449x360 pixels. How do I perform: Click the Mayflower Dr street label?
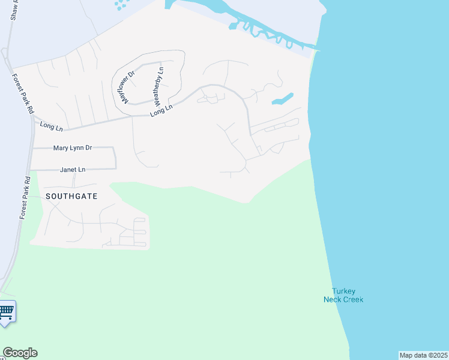[x=127, y=86]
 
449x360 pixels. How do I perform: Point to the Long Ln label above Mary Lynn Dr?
[x=51, y=125]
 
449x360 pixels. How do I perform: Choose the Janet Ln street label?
[x=73, y=170]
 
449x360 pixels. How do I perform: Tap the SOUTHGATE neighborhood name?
[x=71, y=196]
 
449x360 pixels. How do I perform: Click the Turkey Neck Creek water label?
[x=343, y=295]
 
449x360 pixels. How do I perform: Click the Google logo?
[x=20, y=353]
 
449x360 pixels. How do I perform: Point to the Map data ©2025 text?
[x=423, y=355]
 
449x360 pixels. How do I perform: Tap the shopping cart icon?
[x=7, y=311]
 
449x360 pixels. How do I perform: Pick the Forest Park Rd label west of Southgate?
[x=25, y=197]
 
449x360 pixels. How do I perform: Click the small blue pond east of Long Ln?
[x=283, y=98]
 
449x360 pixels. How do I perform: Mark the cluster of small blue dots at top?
[x=121, y=5]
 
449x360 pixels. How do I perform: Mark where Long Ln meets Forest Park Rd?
[x=31, y=122]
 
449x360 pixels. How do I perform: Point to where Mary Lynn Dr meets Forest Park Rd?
[x=32, y=148]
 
